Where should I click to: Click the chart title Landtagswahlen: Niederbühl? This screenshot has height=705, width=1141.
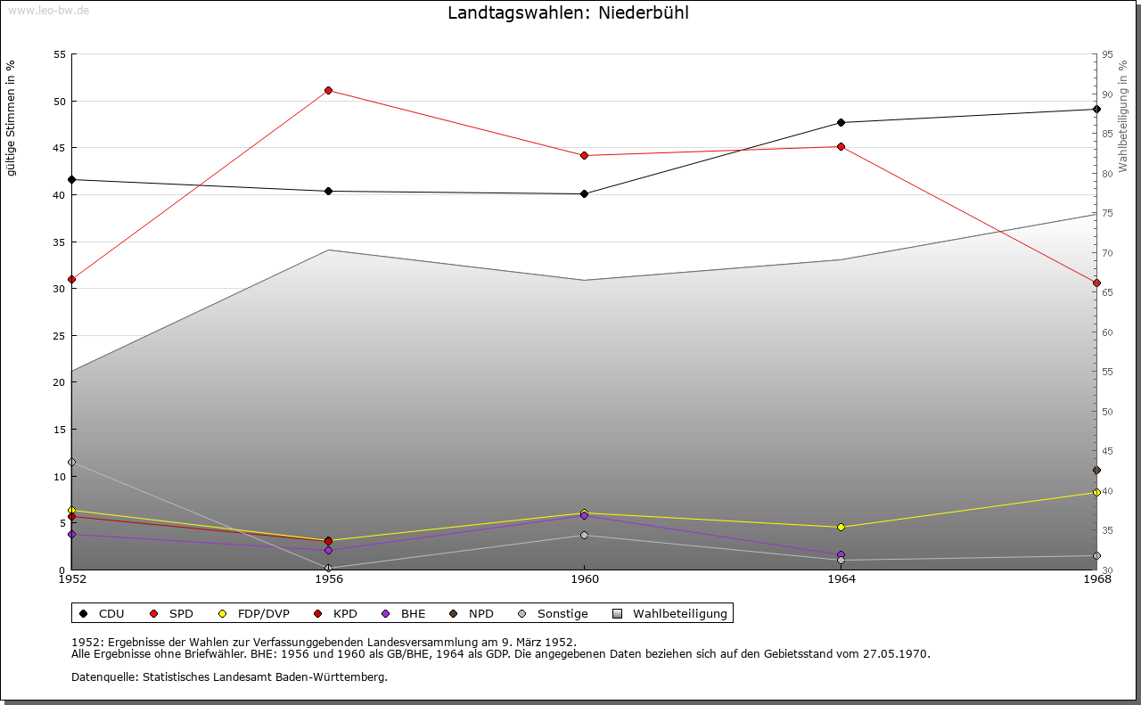pyautogui.click(x=568, y=13)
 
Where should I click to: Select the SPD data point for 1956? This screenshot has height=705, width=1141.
pyautogui.click(x=329, y=90)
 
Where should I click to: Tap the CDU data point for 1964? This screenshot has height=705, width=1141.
pyautogui.click(x=841, y=122)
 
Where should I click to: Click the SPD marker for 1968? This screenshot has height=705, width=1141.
pyautogui.click(x=1096, y=283)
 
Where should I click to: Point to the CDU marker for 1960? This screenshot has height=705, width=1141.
pyautogui.click(x=585, y=193)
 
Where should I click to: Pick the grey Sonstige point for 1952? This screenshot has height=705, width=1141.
pyautogui.click(x=72, y=462)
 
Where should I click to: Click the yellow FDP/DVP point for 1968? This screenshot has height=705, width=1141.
pyautogui.click(x=1096, y=492)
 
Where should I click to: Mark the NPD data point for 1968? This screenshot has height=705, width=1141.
pyautogui.click(x=1096, y=470)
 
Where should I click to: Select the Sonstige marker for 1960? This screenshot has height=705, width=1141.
pyautogui.click(x=585, y=535)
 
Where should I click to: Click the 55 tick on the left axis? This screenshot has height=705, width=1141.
pyautogui.click(x=60, y=54)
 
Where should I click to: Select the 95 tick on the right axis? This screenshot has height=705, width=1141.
pyautogui.click(x=1107, y=54)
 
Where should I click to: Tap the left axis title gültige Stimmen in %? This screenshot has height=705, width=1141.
pyautogui.click(x=11, y=118)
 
